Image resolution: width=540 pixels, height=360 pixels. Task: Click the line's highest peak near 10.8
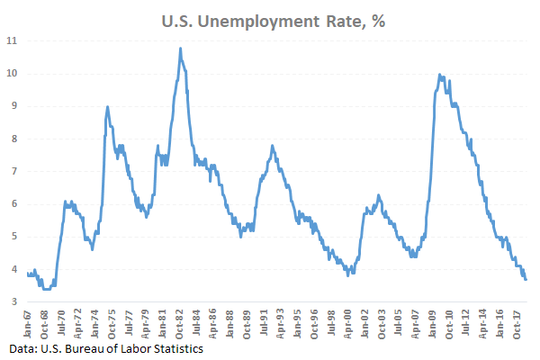click(180, 49)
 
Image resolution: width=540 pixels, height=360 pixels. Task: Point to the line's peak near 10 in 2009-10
click(439, 75)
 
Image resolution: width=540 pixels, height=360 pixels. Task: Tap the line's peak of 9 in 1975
click(108, 106)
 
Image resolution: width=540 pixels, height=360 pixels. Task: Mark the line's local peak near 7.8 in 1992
click(272, 146)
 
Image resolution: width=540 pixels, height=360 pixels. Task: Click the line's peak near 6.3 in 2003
click(378, 194)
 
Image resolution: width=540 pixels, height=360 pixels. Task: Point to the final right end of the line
click(526, 279)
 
